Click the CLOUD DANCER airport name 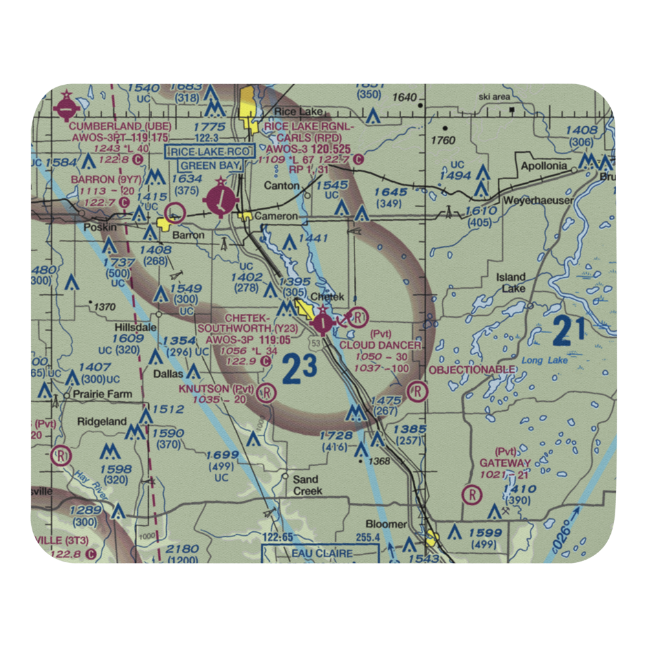(x=380, y=345)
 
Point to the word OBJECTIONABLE (x=472, y=369)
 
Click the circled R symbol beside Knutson (x=265, y=392)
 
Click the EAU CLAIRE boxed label (x=322, y=554)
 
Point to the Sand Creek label (x=306, y=485)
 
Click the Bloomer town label (x=386, y=524)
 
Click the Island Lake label (x=511, y=283)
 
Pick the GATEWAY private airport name (x=505, y=463)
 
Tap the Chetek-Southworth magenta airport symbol (x=322, y=321)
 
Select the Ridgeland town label (x=102, y=421)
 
